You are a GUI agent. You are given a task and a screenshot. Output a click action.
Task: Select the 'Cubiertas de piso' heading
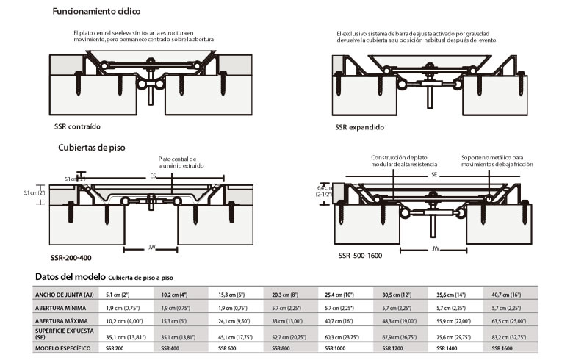coord(91,147)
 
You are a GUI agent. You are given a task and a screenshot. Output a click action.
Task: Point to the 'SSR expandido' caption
coord(359,127)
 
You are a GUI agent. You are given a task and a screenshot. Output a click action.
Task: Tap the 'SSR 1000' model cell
coord(336,348)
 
